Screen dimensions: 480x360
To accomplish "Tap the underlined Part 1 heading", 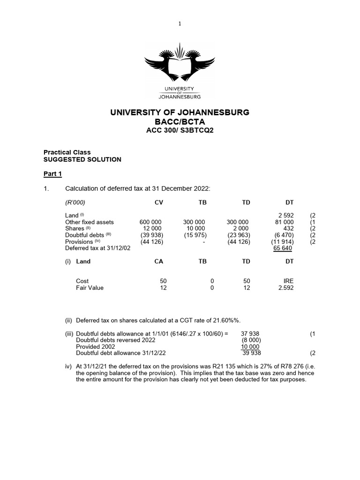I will [x=52, y=174].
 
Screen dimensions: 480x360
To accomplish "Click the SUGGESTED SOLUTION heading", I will [x=82, y=159].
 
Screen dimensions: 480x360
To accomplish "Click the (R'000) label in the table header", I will [x=75, y=202].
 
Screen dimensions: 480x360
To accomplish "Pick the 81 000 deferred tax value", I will [x=284, y=222].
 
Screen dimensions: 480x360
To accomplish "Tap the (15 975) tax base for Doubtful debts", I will [x=194, y=235].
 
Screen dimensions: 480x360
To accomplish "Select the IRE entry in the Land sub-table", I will [x=288, y=281].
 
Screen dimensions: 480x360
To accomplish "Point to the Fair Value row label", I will [x=90, y=288].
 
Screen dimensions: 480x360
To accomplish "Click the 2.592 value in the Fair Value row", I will [x=285, y=288].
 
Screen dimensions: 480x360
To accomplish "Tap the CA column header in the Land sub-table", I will [x=159, y=261].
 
